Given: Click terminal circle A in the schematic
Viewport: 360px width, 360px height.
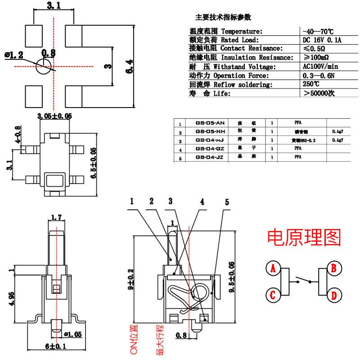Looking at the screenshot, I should (272, 269).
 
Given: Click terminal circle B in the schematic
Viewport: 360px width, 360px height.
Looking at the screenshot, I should (334, 269).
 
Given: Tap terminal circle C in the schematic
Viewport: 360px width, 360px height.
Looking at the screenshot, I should (272, 296).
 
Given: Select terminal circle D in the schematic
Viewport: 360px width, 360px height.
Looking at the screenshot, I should (334, 296).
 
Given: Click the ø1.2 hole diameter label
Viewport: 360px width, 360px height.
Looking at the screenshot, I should (14, 55).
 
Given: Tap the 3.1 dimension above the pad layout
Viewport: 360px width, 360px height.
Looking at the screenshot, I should (54, 6).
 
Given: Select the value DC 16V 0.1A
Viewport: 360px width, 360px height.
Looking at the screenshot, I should (323, 40).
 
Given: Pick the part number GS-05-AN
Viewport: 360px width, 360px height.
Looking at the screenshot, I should (210, 123).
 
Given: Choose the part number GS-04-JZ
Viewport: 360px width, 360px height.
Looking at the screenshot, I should (210, 157).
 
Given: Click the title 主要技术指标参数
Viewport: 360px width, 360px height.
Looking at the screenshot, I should (223, 18).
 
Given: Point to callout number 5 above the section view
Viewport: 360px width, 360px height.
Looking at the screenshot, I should (227, 202).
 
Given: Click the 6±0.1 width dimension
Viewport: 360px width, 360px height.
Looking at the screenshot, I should (55, 346).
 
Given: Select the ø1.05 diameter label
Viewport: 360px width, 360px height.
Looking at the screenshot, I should (72, 334).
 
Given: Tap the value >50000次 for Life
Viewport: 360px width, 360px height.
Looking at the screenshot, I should (319, 94).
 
